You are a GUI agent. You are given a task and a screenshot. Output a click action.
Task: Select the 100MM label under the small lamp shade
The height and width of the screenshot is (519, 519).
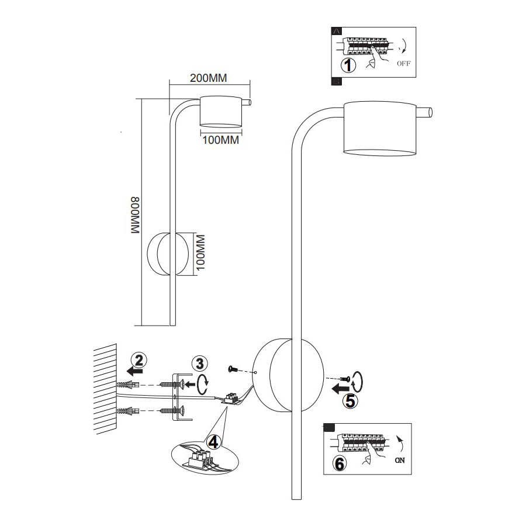coord(220,140)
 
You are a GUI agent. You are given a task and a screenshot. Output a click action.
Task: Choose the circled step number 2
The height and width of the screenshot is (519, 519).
coord(137,358)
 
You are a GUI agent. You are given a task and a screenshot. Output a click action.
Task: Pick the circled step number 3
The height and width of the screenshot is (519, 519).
coord(200,363)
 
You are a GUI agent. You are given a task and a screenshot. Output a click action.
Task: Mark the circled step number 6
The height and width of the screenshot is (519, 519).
coord(338,464)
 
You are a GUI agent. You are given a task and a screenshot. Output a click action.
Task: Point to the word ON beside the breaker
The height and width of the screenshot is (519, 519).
coord(400,461)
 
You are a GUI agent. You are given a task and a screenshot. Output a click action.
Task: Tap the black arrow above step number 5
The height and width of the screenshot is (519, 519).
coord(339,387)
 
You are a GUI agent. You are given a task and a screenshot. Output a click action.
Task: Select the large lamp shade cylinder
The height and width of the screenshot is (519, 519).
coord(380,129)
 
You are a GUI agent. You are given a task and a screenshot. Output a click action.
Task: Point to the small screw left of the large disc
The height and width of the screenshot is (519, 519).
coord(233,368)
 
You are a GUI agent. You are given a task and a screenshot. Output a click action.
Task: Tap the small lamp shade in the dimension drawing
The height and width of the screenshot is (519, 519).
coord(220,110)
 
